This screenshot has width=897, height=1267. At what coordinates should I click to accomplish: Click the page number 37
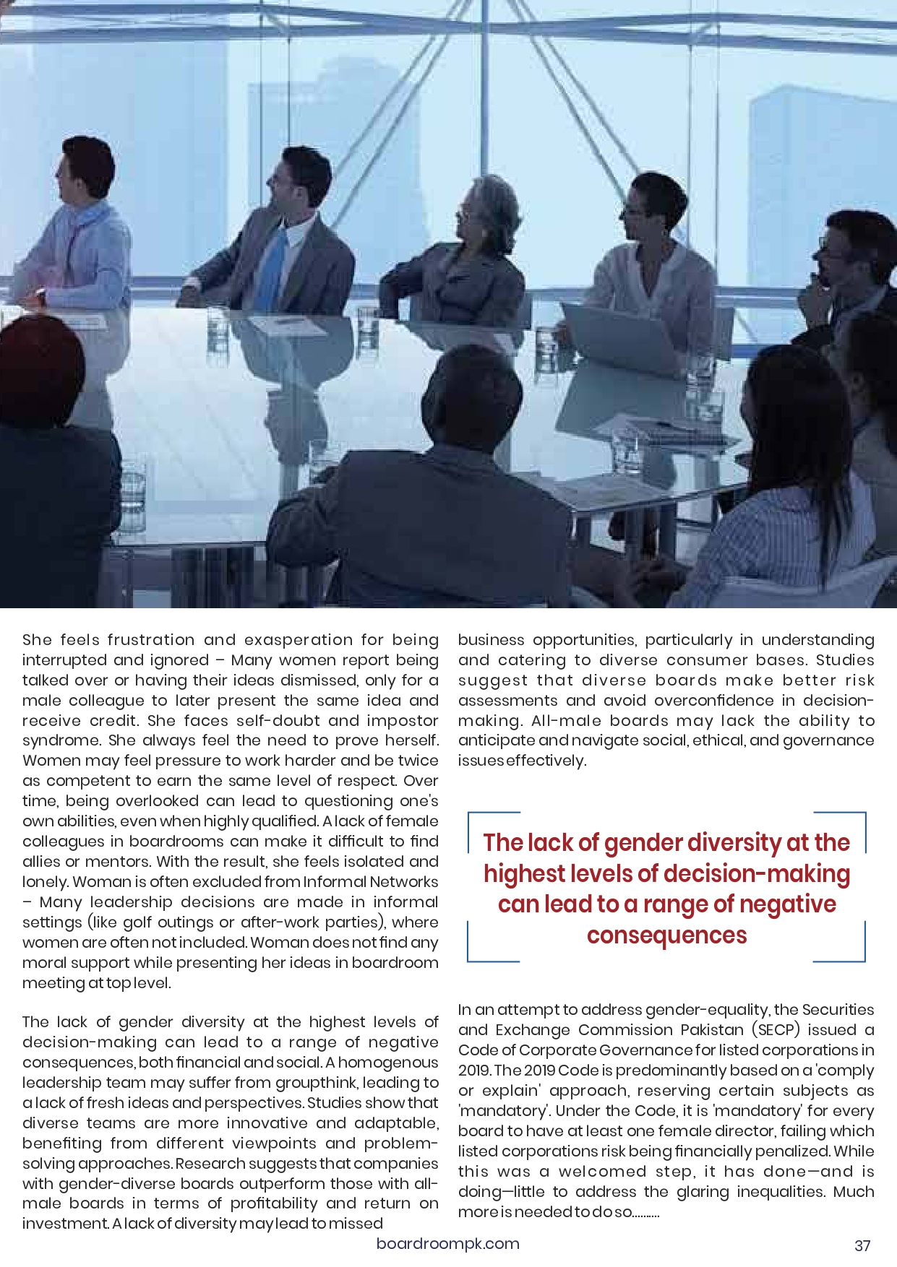pyautogui.click(x=862, y=1245)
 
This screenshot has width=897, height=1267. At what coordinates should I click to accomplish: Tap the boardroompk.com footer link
pyautogui.click(x=447, y=1243)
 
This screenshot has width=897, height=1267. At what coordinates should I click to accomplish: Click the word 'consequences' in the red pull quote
pyautogui.click(x=666, y=935)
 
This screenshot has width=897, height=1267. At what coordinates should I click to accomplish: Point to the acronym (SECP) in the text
pyautogui.click(x=776, y=1029)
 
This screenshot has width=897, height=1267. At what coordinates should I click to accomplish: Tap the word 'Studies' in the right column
pyautogui.click(x=845, y=660)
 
